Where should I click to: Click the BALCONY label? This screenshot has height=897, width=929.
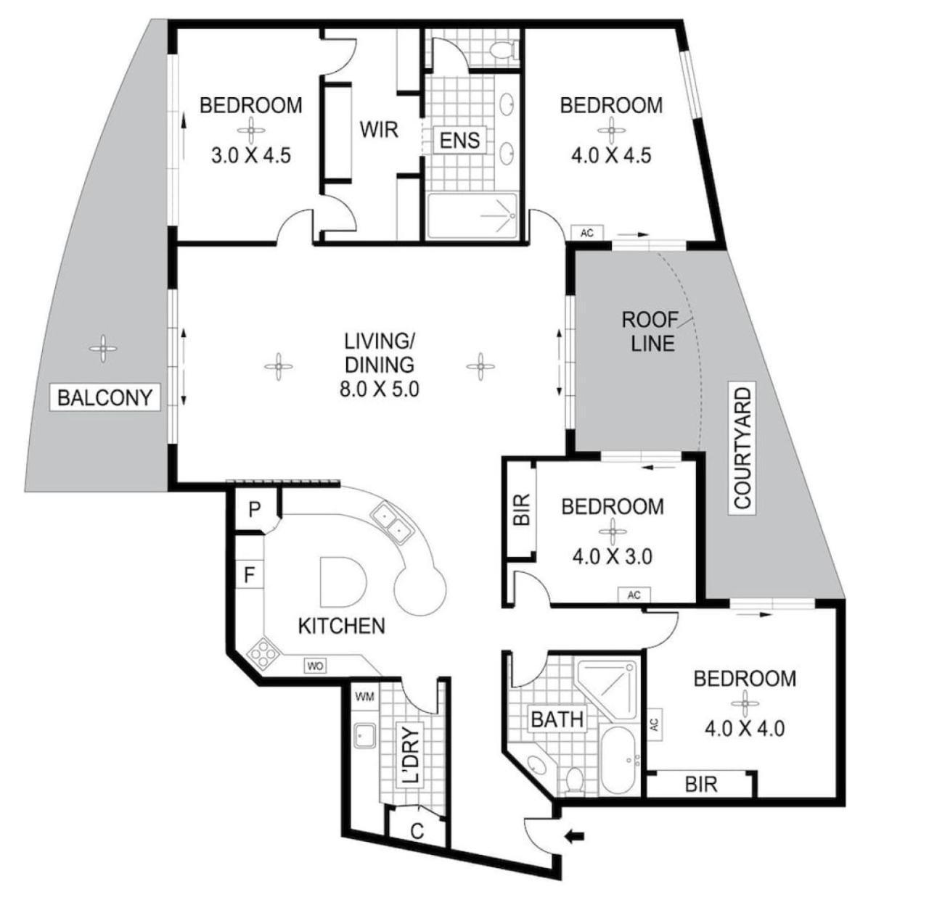click(105, 397)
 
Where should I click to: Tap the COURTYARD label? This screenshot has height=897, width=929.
click(742, 448)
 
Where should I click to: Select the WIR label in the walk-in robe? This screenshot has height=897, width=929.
click(379, 130)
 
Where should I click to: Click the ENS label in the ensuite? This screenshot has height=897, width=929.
click(459, 141)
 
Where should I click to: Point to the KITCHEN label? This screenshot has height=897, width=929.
click(341, 626)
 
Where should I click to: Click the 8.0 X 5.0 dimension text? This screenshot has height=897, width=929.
click(379, 389)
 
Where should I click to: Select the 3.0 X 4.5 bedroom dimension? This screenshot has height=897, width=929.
click(250, 155)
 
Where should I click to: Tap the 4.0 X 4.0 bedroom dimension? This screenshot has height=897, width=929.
click(745, 729)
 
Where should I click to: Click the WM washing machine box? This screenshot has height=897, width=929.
click(364, 697)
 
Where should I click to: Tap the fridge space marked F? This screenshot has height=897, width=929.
click(249, 574)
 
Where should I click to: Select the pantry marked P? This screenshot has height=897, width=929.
click(254, 510)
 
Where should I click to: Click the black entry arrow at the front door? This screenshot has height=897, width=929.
click(573, 835)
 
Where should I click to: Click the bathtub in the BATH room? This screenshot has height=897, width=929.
click(619, 762)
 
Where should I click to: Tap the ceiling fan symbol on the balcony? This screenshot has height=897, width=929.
click(102, 349)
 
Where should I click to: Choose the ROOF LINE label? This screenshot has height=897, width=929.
click(652, 331)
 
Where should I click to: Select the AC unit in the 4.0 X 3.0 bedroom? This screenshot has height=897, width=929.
click(634, 595)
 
